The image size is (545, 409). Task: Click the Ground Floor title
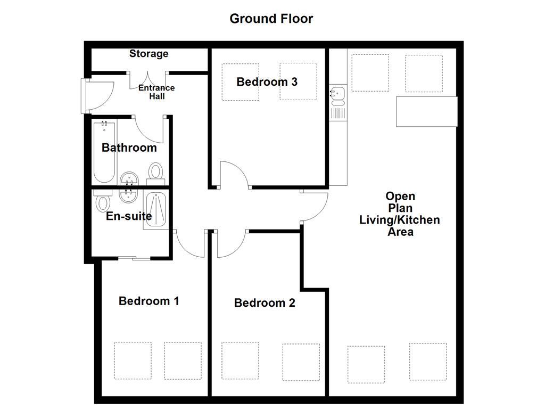tap(271, 19)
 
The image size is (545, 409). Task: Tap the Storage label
tap(149, 54)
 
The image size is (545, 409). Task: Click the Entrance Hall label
tap(156, 92)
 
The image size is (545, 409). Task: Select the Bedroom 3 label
tap(267, 82)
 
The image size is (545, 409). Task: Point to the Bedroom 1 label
tap(148, 301)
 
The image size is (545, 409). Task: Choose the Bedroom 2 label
tap(265, 303)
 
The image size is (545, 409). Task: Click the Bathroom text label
tap(129, 148)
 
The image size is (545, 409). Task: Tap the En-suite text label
tap(129, 216)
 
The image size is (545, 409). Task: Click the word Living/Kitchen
tap(400, 220)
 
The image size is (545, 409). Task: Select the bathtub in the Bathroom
tap(104, 152)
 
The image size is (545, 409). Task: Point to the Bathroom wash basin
tap(129, 179)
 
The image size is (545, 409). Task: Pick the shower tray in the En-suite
tap(155, 211)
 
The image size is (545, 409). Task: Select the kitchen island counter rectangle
tap(426, 111)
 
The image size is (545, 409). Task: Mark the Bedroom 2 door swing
tap(230, 244)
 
